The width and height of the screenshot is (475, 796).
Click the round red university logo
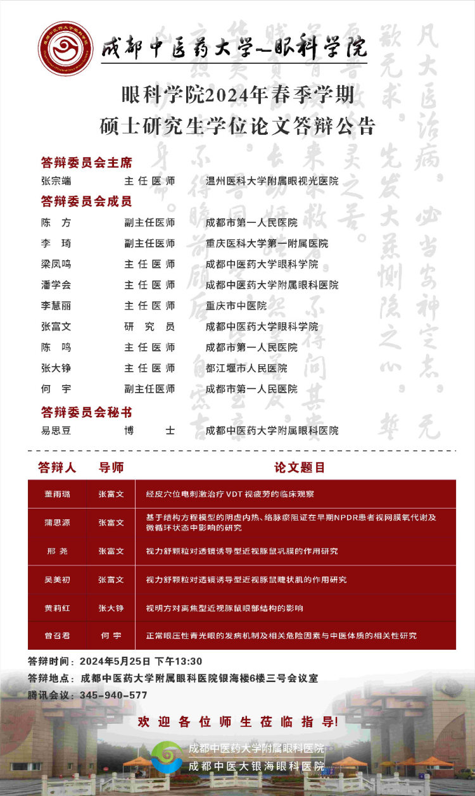coord(66,48)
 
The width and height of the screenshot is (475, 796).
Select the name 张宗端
coord(56,181)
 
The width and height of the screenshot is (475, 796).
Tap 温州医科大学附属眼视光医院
coord(272,181)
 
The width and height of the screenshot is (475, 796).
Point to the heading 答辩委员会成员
coord(86,202)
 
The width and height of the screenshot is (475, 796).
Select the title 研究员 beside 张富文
coord(149,327)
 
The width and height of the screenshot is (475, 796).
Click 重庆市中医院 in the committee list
coord(236,306)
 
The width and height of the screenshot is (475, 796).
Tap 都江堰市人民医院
coord(246,368)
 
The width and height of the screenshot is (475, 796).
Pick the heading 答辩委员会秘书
coord(86,412)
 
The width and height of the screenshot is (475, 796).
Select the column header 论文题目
coord(299,468)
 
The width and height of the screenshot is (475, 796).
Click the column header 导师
coord(111,468)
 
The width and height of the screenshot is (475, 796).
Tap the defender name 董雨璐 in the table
coord(58,494)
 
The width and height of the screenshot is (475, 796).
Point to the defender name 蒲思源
coord(58,522)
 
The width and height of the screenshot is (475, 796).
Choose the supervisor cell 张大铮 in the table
coord(111,608)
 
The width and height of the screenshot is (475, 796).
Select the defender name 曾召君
coord(58,635)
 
